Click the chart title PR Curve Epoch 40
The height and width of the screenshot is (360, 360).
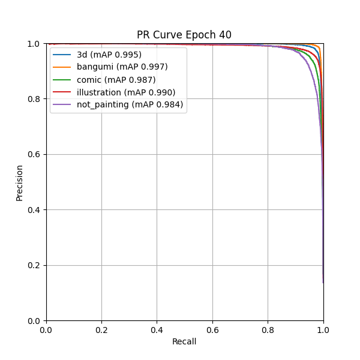tap(184, 35)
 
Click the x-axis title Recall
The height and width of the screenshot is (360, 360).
tap(184, 341)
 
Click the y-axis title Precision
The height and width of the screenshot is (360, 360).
tap(19, 182)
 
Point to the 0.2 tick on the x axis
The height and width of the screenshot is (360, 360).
tap(101, 329)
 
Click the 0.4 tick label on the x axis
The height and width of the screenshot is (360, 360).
tap(157, 329)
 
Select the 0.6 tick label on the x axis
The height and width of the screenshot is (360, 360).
tap(212, 329)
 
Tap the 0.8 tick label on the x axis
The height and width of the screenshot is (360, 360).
tap(268, 329)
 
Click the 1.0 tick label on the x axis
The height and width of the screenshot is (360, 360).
tap(323, 329)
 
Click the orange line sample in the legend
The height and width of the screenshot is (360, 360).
tap(62, 67)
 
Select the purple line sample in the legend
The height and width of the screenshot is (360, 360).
tap(62, 105)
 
